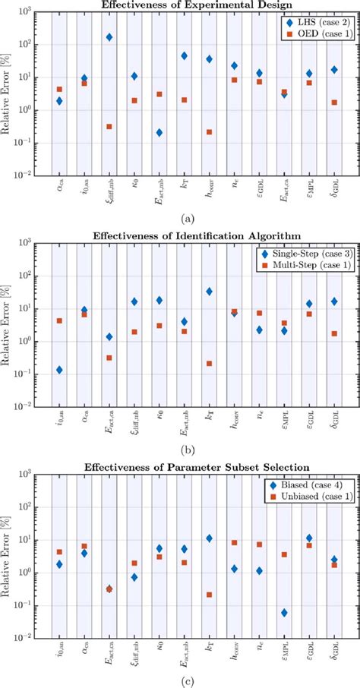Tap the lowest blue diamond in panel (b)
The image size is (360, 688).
tap(59, 370)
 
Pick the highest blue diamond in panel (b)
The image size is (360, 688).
tap(209, 291)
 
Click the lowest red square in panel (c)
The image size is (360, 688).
tap(209, 595)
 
